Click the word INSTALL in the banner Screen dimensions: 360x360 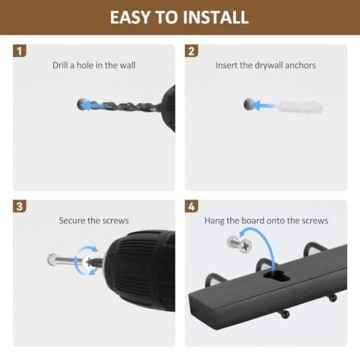215,17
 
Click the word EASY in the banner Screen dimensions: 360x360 130,17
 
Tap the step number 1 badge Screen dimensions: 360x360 19,51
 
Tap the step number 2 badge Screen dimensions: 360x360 192,51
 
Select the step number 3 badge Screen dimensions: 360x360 19,207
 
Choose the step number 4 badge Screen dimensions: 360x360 192,207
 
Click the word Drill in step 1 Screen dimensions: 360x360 60,66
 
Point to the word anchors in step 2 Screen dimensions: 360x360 300,66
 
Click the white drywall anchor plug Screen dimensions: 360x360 300,107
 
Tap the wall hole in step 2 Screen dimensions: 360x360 249,104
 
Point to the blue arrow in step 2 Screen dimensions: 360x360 265,106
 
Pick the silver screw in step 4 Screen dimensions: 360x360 239,244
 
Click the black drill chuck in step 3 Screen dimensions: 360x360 140,270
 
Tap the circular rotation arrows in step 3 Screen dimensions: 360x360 86,260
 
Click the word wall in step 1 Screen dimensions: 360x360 127,66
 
